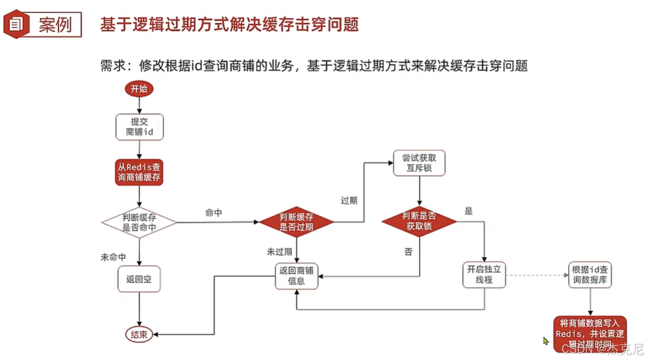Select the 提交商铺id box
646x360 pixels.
click(x=139, y=126)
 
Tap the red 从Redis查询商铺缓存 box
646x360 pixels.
click(x=139, y=172)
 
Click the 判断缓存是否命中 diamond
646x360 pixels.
click(x=139, y=222)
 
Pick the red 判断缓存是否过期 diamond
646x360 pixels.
click(x=296, y=222)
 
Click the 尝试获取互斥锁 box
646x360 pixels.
click(x=419, y=163)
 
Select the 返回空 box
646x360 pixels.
click(x=139, y=279)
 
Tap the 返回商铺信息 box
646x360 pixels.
click(x=296, y=275)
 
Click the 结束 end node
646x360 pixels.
click(x=139, y=335)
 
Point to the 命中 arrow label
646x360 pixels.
click(x=214, y=213)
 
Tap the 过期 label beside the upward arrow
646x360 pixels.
click(x=349, y=201)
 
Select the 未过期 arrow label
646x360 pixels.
click(x=279, y=251)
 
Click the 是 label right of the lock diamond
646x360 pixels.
click(x=468, y=211)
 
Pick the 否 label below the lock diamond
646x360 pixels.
click(x=408, y=251)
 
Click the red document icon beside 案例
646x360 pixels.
click(x=17, y=24)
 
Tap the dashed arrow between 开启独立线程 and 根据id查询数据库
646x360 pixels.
click(x=537, y=275)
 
